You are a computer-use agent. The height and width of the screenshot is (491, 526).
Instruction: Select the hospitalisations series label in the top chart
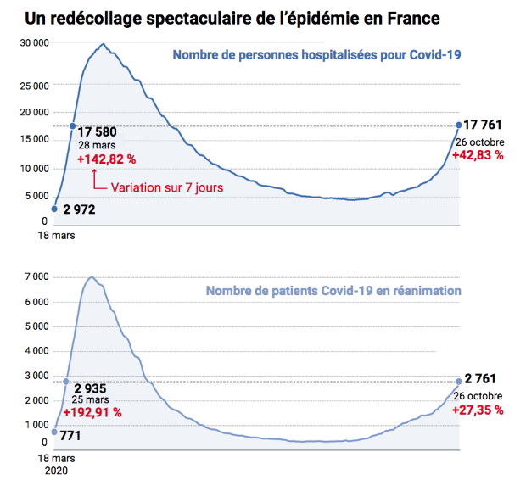pos(316,55)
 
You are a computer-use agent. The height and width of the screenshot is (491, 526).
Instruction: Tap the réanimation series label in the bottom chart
pos(333,290)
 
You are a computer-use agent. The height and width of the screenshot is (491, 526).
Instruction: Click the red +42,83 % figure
pos(478,155)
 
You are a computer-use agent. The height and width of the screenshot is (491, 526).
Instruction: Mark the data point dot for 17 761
pos(459,126)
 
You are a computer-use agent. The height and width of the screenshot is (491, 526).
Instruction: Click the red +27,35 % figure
pos(478,410)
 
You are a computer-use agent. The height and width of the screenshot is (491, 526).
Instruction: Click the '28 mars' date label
pos(97,145)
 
